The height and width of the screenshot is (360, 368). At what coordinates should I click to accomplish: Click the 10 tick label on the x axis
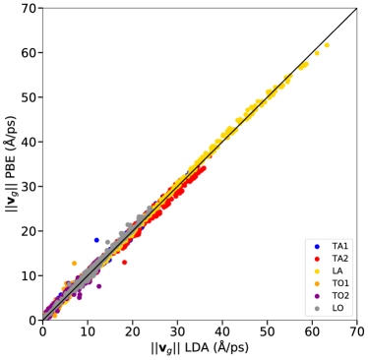[88, 332]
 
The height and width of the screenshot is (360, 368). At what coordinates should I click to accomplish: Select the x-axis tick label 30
[177, 332]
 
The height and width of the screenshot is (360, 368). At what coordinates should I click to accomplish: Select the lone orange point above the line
[74, 264]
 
